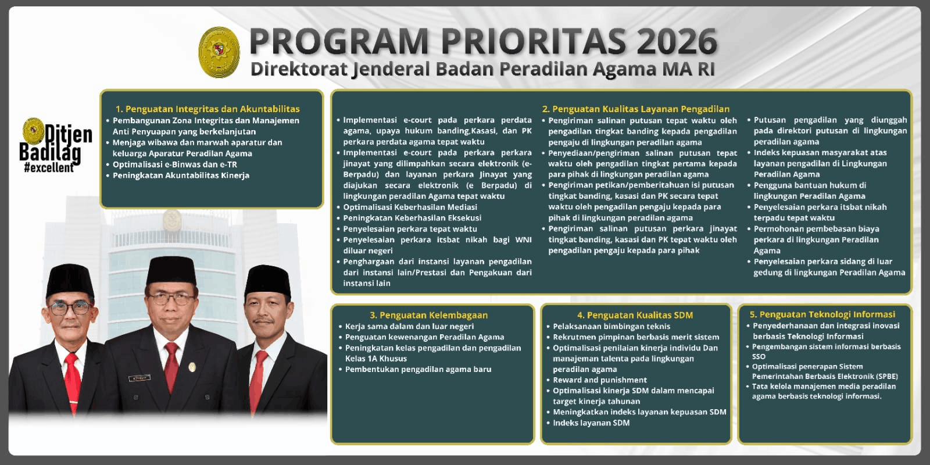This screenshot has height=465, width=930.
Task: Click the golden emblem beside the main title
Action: [x=219, y=52]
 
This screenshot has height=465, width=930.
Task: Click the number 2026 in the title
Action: [x=677, y=41]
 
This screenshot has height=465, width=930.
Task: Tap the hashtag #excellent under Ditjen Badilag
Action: [x=49, y=168]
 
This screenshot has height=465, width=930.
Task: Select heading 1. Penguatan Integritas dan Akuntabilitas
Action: [x=208, y=109]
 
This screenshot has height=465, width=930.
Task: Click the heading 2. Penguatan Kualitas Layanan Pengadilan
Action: [x=635, y=109]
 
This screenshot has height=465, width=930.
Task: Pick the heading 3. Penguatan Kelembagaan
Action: [x=428, y=315]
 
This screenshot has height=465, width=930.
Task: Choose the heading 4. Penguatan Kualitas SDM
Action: [x=635, y=315]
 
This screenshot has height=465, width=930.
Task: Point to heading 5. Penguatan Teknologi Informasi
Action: [x=822, y=314]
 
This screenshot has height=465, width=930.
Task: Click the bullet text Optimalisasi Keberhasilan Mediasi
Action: [x=410, y=207]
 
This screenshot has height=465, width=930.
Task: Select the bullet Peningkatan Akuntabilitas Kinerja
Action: [x=181, y=176]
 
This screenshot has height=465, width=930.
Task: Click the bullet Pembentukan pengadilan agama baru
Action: [x=418, y=369]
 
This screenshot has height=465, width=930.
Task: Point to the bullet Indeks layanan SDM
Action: [x=591, y=423]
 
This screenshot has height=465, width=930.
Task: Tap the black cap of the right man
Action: [x=267, y=280]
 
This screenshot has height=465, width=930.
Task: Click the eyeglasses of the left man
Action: [x=69, y=308]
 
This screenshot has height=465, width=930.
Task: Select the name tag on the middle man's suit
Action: [x=139, y=378]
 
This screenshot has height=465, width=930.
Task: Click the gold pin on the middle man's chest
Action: [x=192, y=367]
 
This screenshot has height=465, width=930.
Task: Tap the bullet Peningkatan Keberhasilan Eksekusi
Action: [x=412, y=218]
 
